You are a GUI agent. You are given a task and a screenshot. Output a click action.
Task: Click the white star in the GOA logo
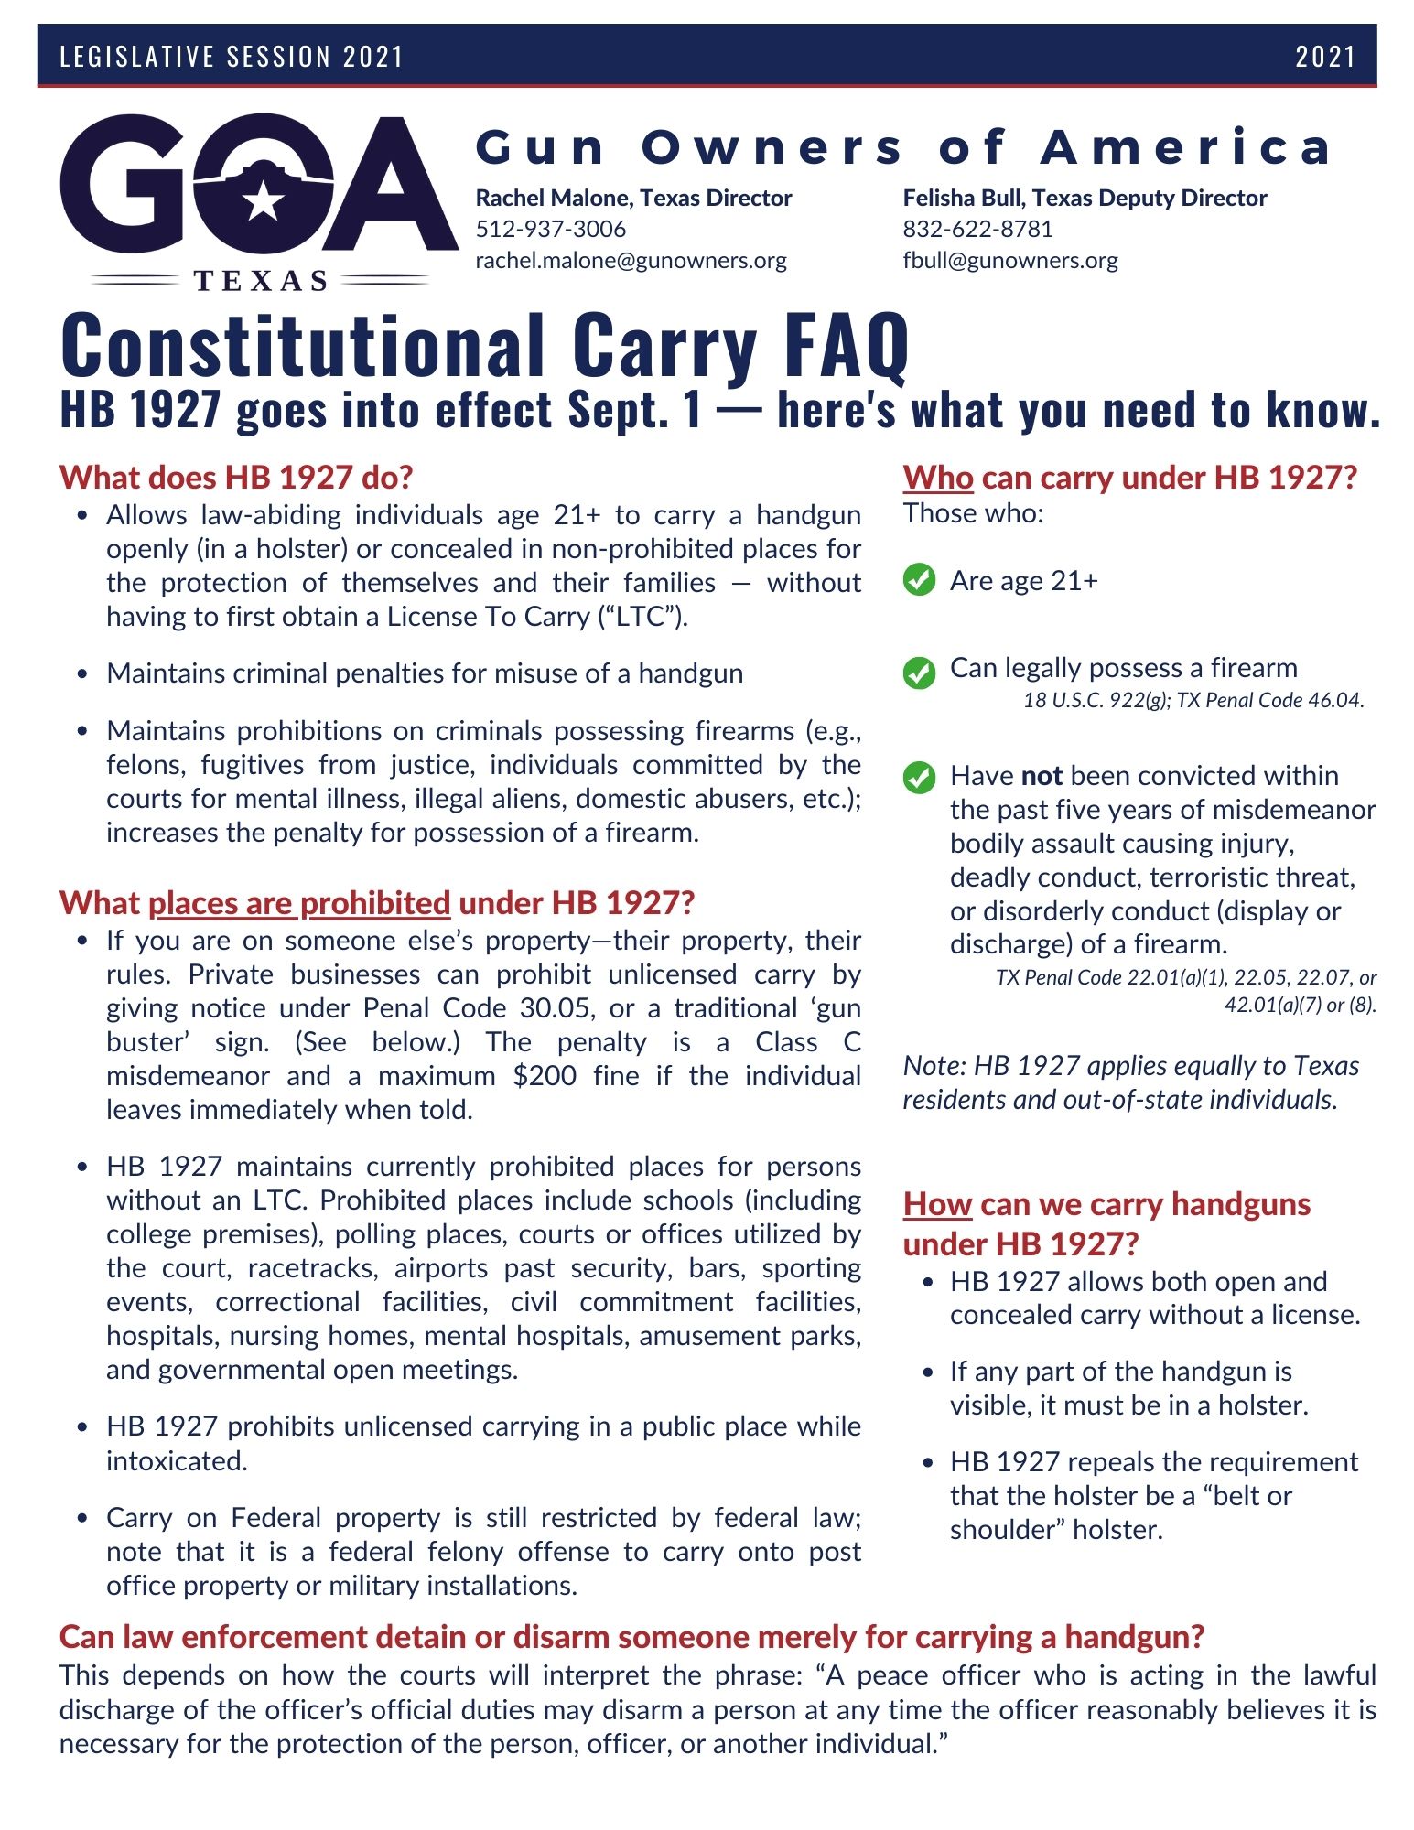coord(264,199)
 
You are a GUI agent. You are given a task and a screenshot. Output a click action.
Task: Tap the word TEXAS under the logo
coord(261,281)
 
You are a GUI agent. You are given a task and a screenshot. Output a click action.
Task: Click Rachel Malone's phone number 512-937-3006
coord(551,229)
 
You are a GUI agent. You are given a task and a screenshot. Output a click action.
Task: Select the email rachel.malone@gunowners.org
coord(631,261)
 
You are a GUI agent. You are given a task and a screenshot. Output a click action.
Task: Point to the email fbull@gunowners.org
coord(1010,261)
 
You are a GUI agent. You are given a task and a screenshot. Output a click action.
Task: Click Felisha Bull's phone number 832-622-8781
coord(977,229)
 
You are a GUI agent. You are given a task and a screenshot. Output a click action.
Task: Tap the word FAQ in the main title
coord(847,346)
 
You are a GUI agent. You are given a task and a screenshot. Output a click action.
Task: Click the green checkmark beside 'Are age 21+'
coord(919,580)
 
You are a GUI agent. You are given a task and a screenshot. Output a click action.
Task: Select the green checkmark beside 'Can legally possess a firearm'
coord(919,673)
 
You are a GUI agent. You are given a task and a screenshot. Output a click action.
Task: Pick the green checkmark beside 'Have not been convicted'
coord(919,778)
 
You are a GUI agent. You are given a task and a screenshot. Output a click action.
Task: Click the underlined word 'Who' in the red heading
coord(938,478)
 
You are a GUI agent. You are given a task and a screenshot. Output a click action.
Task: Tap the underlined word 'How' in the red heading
coord(937,1204)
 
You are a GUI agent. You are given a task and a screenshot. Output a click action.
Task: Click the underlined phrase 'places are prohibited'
coord(299,903)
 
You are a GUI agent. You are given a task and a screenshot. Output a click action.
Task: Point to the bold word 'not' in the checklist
coord(1042,776)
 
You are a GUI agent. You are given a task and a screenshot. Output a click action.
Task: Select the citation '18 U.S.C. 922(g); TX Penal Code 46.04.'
coord(1193,701)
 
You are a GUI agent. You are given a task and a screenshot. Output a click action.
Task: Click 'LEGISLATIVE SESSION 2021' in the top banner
coord(232,57)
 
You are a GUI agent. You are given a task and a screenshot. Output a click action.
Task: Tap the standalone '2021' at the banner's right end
coord(1324,57)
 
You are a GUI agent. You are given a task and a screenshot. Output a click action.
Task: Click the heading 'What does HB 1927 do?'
coord(236,478)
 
